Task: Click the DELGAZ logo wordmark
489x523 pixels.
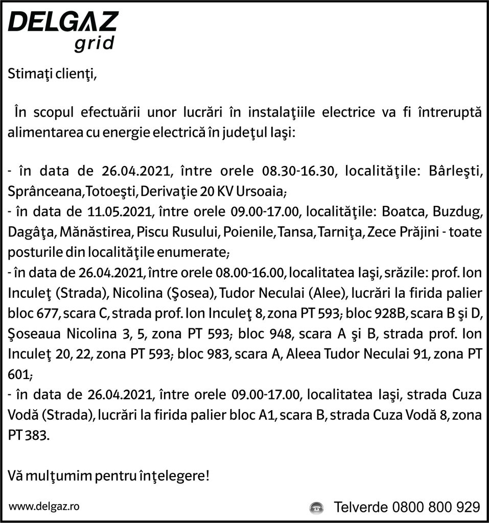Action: click(x=63, y=23)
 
